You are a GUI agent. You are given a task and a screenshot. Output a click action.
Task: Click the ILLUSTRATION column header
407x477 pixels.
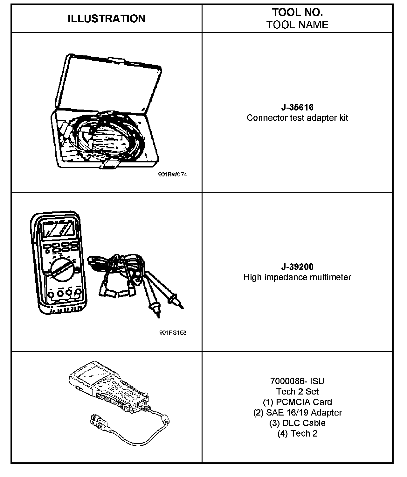tap(106, 19)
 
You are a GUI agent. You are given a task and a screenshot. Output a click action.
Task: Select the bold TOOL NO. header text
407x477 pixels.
tap(297, 12)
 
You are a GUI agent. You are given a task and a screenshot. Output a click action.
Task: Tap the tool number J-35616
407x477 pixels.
tap(297, 107)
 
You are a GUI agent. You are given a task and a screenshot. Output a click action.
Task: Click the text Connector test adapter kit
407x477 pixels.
tap(297, 118)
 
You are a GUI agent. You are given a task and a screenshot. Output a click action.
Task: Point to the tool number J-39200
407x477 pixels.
tap(297, 267)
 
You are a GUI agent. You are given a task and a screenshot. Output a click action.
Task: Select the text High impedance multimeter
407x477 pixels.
tap(297, 277)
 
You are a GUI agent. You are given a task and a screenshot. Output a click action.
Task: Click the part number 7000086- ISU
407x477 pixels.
tap(297, 381)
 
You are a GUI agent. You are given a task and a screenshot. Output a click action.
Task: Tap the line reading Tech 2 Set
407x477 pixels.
tap(297, 391)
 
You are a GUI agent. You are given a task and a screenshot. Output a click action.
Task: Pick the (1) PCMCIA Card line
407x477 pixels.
tap(297, 402)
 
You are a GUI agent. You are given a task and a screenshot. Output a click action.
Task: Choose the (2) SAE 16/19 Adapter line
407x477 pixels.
tap(297, 412)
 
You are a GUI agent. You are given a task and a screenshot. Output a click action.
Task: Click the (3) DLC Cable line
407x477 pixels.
tap(297, 423)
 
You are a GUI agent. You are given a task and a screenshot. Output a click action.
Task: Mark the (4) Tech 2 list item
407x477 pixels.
tap(297, 433)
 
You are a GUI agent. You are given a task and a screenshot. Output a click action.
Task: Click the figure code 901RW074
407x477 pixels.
tap(173, 174)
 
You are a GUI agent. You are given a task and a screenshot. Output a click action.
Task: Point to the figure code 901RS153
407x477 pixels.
tap(173, 333)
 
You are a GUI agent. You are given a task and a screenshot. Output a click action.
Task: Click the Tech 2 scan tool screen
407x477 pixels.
tap(91, 375)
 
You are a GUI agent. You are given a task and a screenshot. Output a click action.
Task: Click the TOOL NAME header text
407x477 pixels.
tap(297, 25)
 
